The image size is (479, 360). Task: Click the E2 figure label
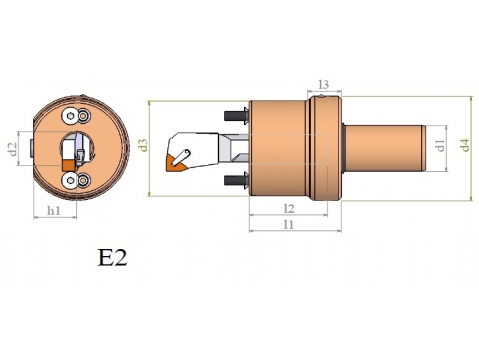pos(112,257)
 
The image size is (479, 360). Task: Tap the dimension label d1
pos(441,146)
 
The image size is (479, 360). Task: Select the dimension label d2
pos(12,149)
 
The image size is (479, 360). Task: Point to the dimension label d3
pos(144,145)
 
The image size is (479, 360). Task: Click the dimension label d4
pos(465,145)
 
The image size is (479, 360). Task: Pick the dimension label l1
pos(289,224)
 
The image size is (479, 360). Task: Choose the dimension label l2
pos(289,209)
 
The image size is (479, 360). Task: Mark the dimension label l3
pos(323,84)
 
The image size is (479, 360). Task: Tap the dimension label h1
pos(54,210)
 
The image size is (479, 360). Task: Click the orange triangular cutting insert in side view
pos(174,164)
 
